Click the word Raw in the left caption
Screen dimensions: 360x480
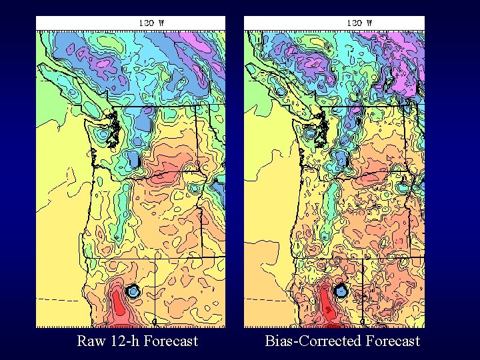[x=89, y=341]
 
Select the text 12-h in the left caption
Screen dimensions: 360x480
[x=122, y=341]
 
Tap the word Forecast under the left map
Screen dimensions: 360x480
[x=169, y=341]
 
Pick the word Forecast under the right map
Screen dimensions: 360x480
[x=393, y=341]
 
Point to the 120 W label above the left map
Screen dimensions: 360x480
[x=151, y=22]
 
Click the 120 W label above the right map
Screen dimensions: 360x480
[x=359, y=22]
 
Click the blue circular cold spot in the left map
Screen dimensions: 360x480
[x=133, y=291]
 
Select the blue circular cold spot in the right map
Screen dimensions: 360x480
[x=341, y=290]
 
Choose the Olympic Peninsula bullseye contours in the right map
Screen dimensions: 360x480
[x=309, y=133]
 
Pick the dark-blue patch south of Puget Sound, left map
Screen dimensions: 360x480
[x=133, y=160]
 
